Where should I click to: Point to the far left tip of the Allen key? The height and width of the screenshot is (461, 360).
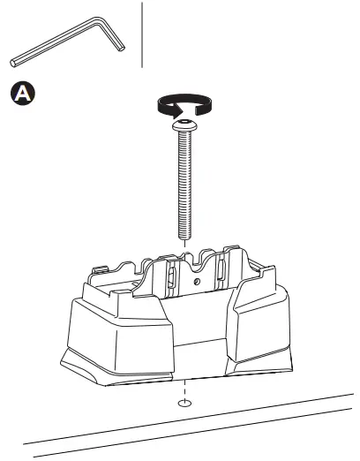click(x=13, y=62)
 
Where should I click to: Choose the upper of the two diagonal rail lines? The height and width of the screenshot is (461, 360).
click(x=176, y=422)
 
